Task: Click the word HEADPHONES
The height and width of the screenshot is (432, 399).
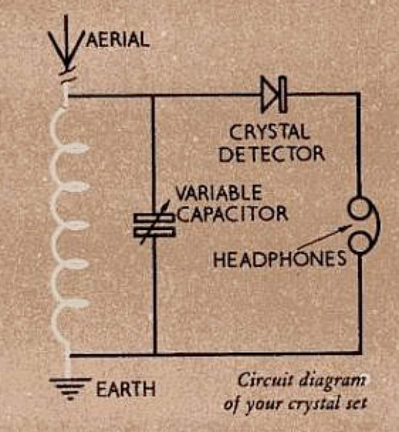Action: click(x=279, y=259)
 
